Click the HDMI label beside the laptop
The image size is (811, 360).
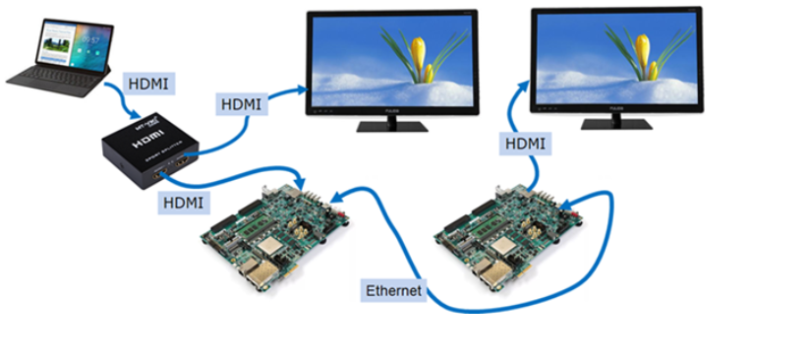pyautogui.click(x=148, y=85)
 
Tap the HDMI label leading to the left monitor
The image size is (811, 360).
pyautogui.click(x=241, y=102)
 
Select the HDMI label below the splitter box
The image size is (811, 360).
pyautogui.click(x=183, y=203)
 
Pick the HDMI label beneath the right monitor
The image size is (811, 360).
pyautogui.click(x=526, y=143)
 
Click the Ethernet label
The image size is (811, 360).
pyautogui.click(x=393, y=290)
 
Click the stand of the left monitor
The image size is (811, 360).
pyautogui.click(x=391, y=122)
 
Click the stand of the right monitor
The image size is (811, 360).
pyautogui.click(x=615, y=119)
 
